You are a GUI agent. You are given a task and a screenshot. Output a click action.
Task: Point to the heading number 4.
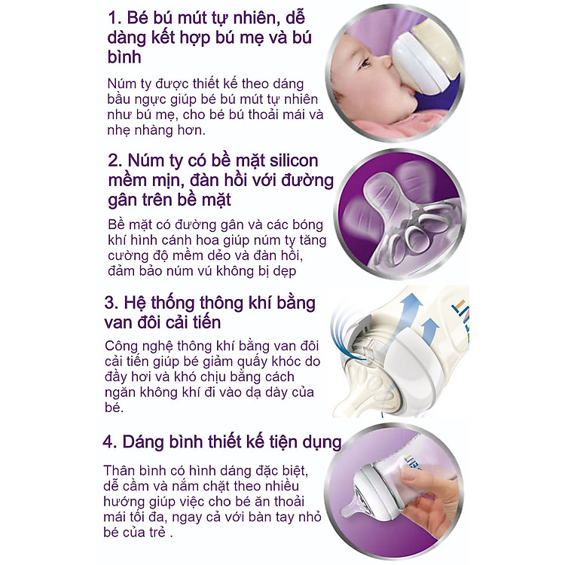[112, 441]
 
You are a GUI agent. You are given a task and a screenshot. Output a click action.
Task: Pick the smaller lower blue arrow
[430, 328]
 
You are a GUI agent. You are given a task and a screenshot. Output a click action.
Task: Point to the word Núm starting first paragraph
[123, 84]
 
